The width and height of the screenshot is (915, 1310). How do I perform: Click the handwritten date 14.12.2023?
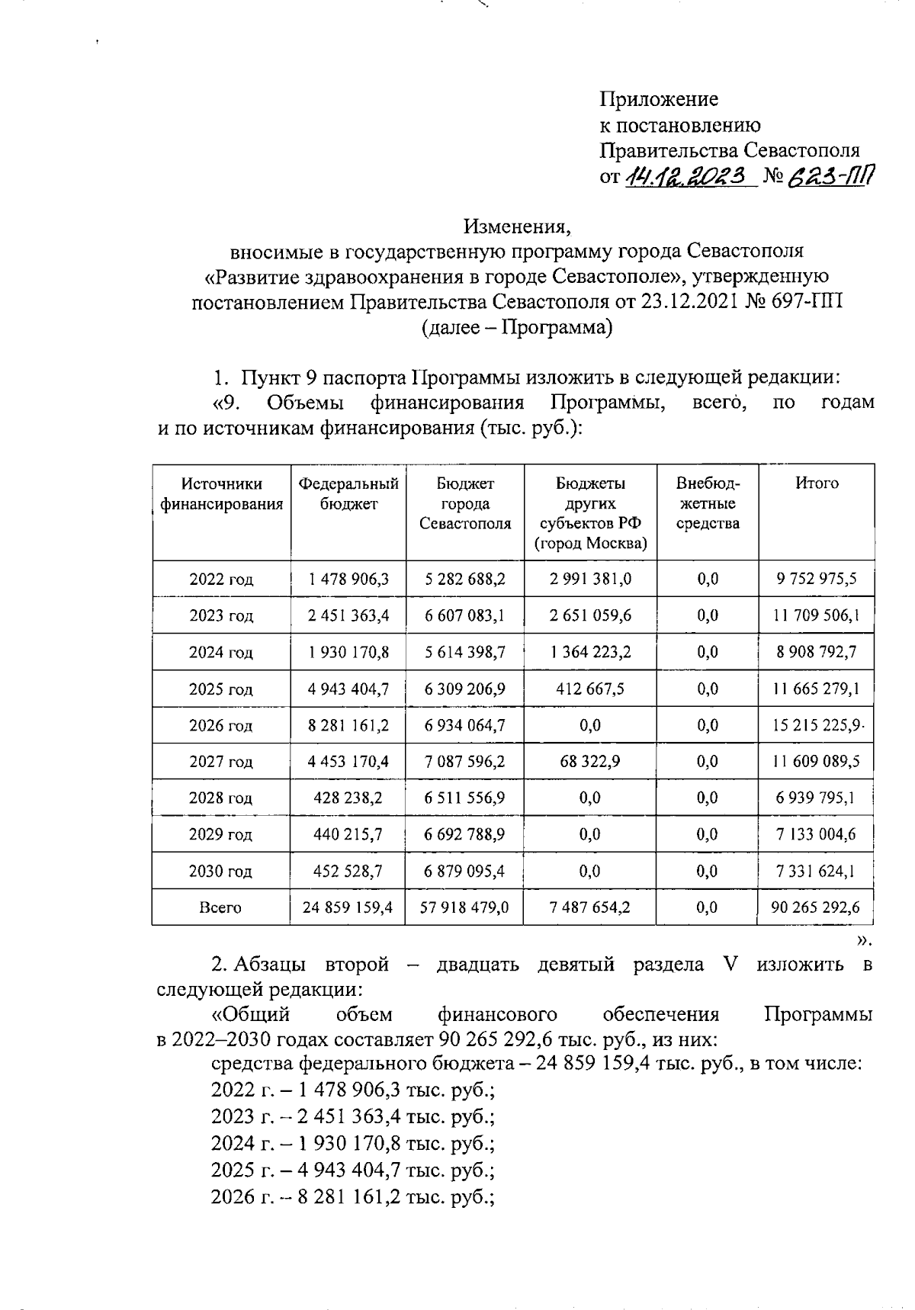coord(684,177)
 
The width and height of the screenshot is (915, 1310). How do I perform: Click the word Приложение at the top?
coord(659,99)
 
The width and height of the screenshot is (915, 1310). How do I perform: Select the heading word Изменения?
coord(517,226)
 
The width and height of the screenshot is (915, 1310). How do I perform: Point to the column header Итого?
coord(817,483)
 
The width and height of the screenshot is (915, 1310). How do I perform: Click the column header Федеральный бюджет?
coord(348,493)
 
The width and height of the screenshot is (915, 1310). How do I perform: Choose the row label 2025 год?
coord(221,689)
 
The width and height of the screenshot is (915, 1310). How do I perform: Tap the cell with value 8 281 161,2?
coord(348,725)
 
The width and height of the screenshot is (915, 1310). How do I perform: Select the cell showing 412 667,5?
coord(590,689)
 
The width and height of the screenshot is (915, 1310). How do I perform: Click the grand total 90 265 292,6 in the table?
coord(817,907)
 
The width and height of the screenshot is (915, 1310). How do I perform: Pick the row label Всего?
coord(221,907)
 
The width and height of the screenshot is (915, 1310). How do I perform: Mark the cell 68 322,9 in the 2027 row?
coord(590,761)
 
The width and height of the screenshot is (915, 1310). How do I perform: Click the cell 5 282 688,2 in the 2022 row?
coord(465,580)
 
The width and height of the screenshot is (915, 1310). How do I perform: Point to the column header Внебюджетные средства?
coord(708,503)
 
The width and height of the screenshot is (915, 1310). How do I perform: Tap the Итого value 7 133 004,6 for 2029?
coord(817,834)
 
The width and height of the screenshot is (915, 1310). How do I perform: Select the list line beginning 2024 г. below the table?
coord(353,1144)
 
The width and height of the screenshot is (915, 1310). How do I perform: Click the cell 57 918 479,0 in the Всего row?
coord(465,907)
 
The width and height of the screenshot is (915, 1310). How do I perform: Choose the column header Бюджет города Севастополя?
coord(465,503)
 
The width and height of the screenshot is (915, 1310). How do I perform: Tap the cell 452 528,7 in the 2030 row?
coord(348,871)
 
